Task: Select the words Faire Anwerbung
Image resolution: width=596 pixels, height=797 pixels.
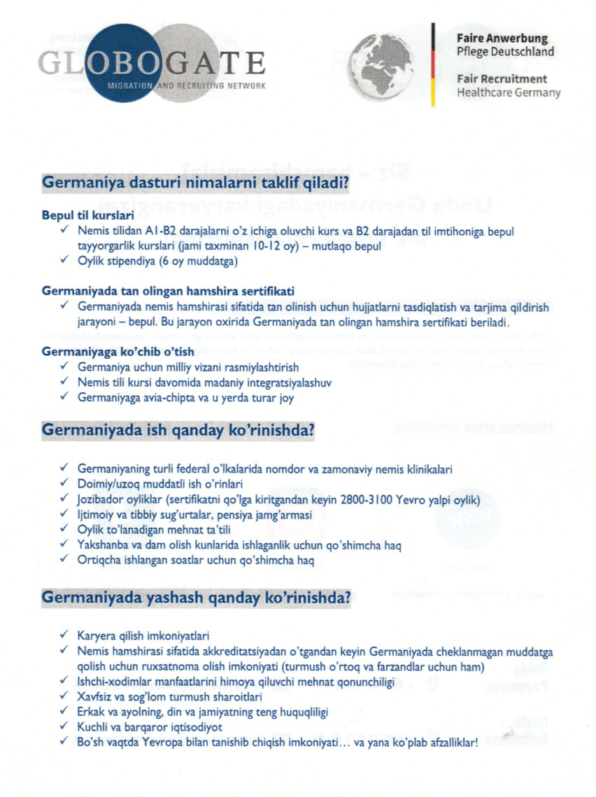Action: click(502, 38)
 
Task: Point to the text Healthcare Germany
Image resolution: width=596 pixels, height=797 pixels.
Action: click(509, 92)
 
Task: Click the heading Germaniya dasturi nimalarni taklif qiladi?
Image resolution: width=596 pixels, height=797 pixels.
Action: click(196, 184)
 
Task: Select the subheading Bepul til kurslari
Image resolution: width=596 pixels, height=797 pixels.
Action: click(88, 216)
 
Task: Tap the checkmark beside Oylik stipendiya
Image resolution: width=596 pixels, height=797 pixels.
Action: click(64, 262)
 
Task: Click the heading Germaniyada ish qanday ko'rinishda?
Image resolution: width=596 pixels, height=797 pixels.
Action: click(178, 430)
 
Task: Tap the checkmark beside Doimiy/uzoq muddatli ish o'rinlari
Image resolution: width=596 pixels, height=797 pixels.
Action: click(64, 484)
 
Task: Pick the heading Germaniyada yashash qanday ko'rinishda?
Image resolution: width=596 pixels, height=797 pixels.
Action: click(197, 598)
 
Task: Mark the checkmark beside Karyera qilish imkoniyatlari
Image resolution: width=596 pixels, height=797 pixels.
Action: click(64, 636)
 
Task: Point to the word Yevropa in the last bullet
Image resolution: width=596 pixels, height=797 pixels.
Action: click(190, 743)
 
